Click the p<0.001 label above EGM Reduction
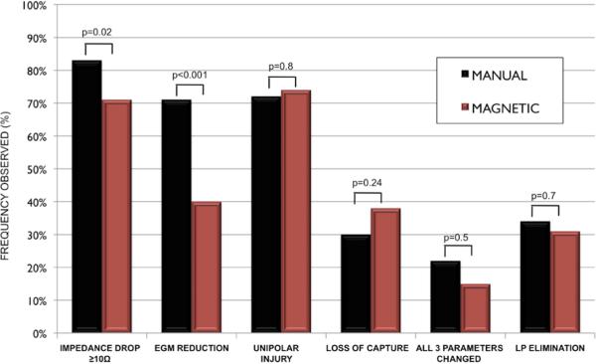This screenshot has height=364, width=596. pyautogui.click(x=189, y=74)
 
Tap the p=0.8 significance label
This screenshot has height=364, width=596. pyautogui.click(x=284, y=67)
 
